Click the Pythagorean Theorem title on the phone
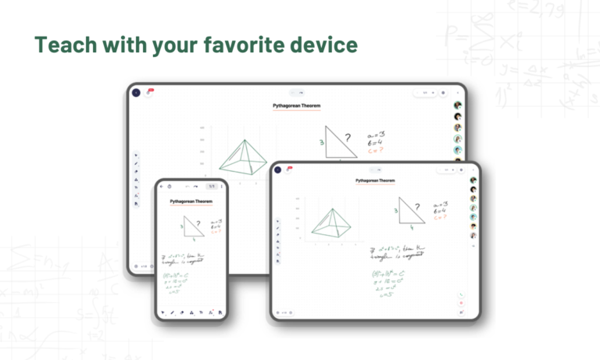192,201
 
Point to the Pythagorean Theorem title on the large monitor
296,105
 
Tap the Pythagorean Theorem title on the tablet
374,180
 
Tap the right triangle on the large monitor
339,141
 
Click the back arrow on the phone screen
162,187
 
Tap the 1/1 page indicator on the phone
211,187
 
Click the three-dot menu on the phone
222,187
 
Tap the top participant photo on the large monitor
457,105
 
